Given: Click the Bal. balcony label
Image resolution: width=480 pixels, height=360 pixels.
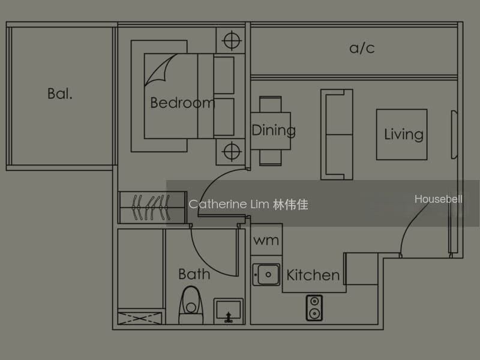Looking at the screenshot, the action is click(x=60, y=94).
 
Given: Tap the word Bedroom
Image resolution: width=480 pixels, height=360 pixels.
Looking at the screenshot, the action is click(x=182, y=103).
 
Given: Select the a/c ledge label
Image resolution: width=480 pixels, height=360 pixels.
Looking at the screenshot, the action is click(x=362, y=48).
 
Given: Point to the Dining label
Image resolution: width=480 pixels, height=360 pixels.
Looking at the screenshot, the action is click(x=274, y=131).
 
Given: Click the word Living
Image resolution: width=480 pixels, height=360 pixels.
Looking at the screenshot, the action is click(x=404, y=134).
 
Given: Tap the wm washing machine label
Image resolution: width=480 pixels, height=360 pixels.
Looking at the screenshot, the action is click(x=266, y=241).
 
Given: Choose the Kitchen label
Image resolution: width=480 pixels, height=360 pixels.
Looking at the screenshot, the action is click(x=313, y=275).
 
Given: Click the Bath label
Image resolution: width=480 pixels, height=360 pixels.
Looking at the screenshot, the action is click(x=194, y=274).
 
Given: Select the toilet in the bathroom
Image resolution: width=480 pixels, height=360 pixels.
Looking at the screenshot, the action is click(x=191, y=305).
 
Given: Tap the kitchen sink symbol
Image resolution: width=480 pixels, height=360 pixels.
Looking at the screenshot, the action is click(x=266, y=275).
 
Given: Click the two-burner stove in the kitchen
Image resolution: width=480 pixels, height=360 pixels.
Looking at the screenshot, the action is click(x=314, y=308).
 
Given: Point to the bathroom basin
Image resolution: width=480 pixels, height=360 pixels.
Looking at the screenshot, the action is click(x=229, y=311).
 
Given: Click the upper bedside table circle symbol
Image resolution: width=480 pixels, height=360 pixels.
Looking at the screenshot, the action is click(x=232, y=40).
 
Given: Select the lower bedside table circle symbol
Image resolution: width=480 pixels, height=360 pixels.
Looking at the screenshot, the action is click(x=232, y=151).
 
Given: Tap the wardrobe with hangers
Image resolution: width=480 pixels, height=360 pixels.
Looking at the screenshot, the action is click(x=152, y=208).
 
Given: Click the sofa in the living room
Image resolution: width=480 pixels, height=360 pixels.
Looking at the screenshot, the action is click(x=337, y=134).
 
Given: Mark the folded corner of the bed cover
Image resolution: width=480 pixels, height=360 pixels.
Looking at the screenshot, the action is click(x=159, y=70).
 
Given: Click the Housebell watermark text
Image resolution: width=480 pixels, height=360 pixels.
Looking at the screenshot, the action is click(x=439, y=199).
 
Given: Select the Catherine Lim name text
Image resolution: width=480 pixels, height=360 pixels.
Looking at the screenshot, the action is click(x=248, y=204).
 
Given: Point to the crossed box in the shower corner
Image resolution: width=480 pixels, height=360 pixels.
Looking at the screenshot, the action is click(x=140, y=319).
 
